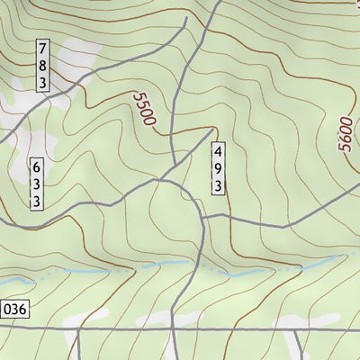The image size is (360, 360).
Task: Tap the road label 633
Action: click(37, 185)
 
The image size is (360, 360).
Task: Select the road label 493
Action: click(218, 167)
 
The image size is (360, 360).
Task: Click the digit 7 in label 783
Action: click(43, 49)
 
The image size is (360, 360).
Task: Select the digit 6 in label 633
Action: click(37, 168)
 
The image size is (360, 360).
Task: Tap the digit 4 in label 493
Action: click(218, 150)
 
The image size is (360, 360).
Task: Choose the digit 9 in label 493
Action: click(218, 167)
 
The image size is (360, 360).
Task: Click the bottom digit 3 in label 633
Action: click(37, 202)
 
